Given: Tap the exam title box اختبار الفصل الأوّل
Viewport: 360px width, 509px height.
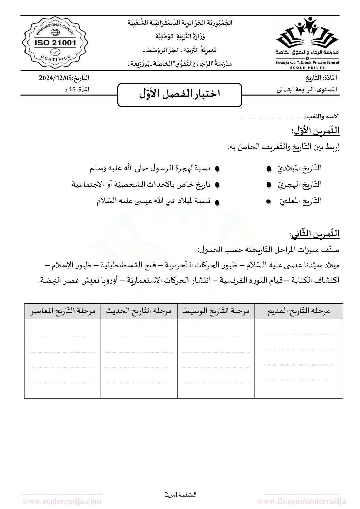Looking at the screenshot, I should pyautogui.click(x=180, y=94).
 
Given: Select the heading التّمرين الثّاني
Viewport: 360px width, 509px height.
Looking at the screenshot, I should pyautogui.click(x=315, y=234).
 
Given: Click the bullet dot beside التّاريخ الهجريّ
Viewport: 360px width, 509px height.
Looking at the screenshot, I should pyautogui.click(x=269, y=185).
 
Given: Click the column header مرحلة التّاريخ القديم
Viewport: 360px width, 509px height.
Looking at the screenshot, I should pyautogui.click(x=298, y=311).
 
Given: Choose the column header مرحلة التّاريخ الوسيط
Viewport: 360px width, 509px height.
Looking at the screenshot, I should pyautogui.click(x=216, y=311).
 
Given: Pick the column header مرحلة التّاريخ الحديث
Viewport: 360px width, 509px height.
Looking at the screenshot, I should pyautogui.click(x=139, y=311).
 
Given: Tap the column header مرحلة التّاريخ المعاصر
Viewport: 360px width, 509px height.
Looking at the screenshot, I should pyautogui.click(x=62, y=311).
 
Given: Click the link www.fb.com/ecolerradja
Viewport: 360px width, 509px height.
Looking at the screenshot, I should pyautogui.click(x=302, y=501).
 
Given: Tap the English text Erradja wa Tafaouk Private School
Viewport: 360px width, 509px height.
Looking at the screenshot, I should pyautogui.click(x=307, y=63).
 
